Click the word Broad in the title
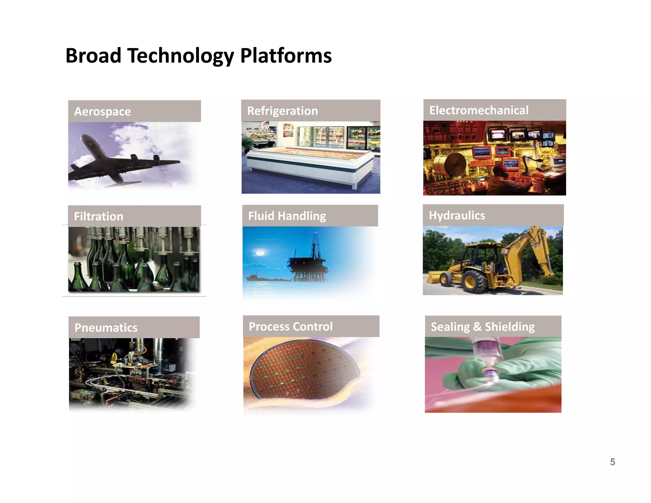coord(93,56)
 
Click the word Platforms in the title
coord(286,56)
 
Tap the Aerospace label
coord(102,112)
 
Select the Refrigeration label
coord(282,111)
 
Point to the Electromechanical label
coord(479,110)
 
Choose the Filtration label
coord(99,217)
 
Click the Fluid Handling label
coord(287,216)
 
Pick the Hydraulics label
coord(457,216)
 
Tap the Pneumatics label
coord(106,327)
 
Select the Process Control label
coord(291,327)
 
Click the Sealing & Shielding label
coord(483,327)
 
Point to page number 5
coord(613,462)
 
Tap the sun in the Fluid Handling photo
coord(260,253)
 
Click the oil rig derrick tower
coord(315,245)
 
